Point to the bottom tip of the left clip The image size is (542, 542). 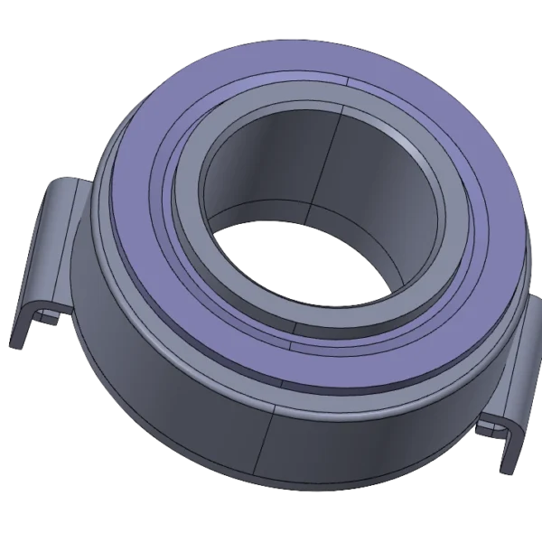16,343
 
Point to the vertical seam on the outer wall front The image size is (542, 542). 272,443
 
